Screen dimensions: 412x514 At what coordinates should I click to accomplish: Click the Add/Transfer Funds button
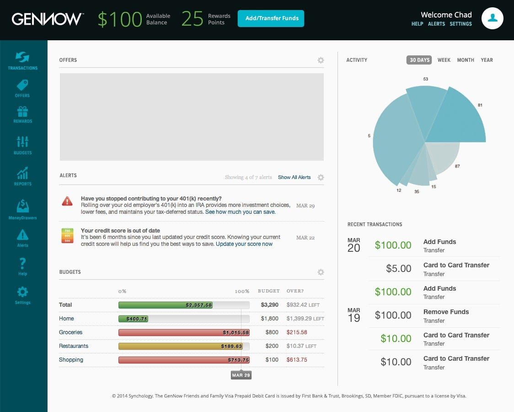[x=271, y=18]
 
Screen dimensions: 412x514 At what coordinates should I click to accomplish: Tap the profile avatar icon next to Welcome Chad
[x=493, y=18]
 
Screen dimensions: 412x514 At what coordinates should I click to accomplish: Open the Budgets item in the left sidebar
[x=22, y=145]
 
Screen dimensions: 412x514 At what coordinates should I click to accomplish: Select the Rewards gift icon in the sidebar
[x=22, y=114]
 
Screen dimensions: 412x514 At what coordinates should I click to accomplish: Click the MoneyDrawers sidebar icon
[x=22, y=209]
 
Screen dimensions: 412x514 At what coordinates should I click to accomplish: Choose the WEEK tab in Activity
[x=444, y=60]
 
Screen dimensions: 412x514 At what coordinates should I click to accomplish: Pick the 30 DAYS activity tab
[x=419, y=60]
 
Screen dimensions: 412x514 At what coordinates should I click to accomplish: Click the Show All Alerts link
[x=294, y=177]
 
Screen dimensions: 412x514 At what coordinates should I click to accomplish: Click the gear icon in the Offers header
[x=321, y=60]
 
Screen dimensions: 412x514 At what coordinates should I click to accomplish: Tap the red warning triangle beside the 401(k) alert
[x=67, y=201]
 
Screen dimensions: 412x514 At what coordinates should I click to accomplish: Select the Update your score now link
[x=244, y=244]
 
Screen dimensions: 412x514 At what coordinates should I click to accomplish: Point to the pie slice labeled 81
[x=457, y=119]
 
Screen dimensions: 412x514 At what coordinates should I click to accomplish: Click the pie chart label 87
[x=457, y=166]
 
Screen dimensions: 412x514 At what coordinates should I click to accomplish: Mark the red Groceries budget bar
[x=184, y=332]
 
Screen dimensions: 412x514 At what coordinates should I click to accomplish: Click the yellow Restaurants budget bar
[x=184, y=346]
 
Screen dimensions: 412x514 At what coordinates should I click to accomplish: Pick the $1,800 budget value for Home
[x=270, y=319]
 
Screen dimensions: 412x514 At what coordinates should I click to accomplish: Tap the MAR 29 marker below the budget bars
[x=241, y=375]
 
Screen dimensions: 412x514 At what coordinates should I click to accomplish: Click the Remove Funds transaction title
[x=446, y=312]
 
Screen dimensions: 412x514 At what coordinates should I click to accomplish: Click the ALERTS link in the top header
[x=436, y=24]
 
